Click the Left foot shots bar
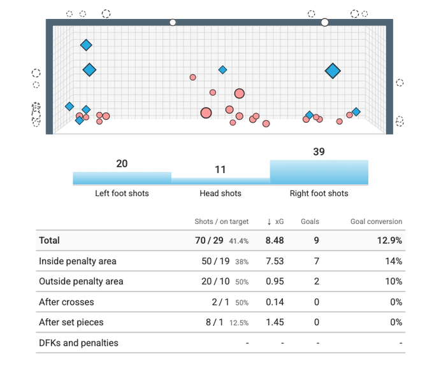click(x=122, y=178)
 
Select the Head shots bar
click(x=221, y=181)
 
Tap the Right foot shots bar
click(x=319, y=172)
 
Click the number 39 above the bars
click(x=319, y=151)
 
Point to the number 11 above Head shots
click(x=221, y=169)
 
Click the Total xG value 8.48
click(x=275, y=241)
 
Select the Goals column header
click(x=310, y=222)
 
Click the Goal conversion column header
click(x=376, y=222)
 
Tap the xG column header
click(x=275, y=222)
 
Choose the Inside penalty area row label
click(x=78, y=261)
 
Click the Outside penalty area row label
click(x=81, y=281)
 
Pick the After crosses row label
click(x=66, y=302)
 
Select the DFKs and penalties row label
click(x=78, y=342)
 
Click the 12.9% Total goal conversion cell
click(x=389, y=241)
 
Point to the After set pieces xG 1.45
click(x=275, y=322)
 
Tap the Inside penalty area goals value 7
click(x=317, y=261)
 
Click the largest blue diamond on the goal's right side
click(x=333, y=71)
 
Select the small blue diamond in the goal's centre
click(x=222, y=69)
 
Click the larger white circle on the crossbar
click(x=325, y=22)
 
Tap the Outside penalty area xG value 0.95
click(x=275, y=281)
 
